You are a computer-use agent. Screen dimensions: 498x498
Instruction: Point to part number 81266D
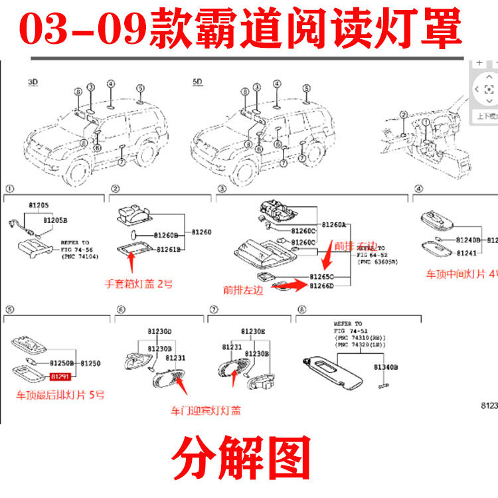(322, 286)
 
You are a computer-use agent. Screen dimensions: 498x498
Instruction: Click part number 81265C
(322, 275)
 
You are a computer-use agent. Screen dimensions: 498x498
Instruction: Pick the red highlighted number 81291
(59, 376)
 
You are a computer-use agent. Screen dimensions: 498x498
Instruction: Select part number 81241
(467, 252)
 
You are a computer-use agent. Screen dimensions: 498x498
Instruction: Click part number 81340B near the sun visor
(385, 367)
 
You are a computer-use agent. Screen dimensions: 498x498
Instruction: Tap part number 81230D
(159, 331)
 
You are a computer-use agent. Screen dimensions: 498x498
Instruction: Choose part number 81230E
(252, 331)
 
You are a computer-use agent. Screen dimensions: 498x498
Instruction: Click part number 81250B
(63, 364)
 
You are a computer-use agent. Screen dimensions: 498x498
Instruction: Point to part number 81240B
(469, 240)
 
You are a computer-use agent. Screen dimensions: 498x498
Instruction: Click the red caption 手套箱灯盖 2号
(139, 284)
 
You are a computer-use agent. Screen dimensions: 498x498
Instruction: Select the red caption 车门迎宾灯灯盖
(205, 410)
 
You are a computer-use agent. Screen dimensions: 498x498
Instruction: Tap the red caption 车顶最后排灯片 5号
(60, 394)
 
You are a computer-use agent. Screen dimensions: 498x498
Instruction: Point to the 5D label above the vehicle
(197, 82)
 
